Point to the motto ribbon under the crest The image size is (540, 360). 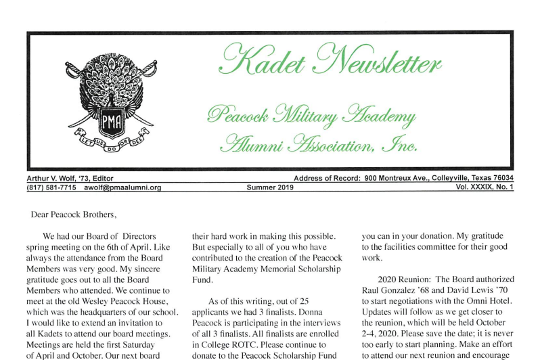point(110,144)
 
